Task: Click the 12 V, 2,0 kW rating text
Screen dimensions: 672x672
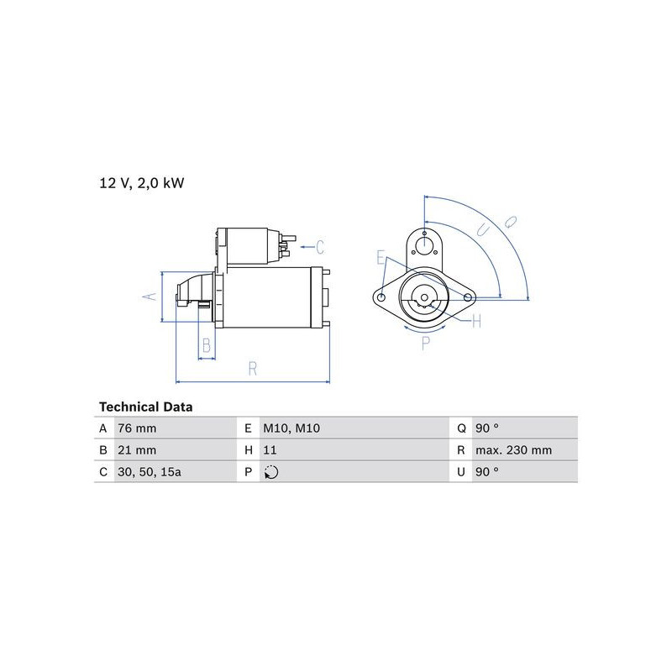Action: point(142,183)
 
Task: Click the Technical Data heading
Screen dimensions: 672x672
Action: point(145,407)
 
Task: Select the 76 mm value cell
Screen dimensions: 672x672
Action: point(137,428)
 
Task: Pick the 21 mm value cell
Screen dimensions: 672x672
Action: point(137,450)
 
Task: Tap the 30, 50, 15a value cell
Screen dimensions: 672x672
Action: point(150,472)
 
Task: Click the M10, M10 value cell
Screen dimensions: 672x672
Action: point(291,428)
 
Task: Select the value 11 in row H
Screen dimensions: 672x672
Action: point(270,450)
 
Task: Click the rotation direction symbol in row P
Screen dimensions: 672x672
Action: point(271,472)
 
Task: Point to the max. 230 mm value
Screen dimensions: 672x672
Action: point(513,450)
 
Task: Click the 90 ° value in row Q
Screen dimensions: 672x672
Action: point(487,428)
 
